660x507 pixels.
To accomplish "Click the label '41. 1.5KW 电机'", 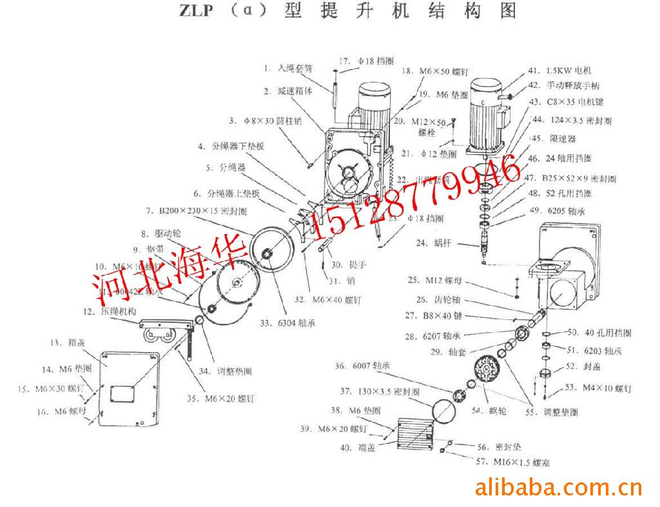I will pos(559,71).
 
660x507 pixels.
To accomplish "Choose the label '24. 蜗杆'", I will pos(431,243).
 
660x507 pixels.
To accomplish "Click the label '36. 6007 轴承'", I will pos(362,366).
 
